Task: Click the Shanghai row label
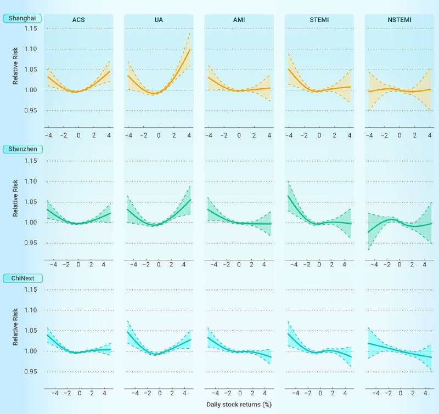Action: click(x=21, y=18)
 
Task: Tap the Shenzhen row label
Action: click(x=21, y=149)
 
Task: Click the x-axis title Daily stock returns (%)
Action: click(x=239, y=404)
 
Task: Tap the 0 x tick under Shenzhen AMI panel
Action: click(x=239, y=264)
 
